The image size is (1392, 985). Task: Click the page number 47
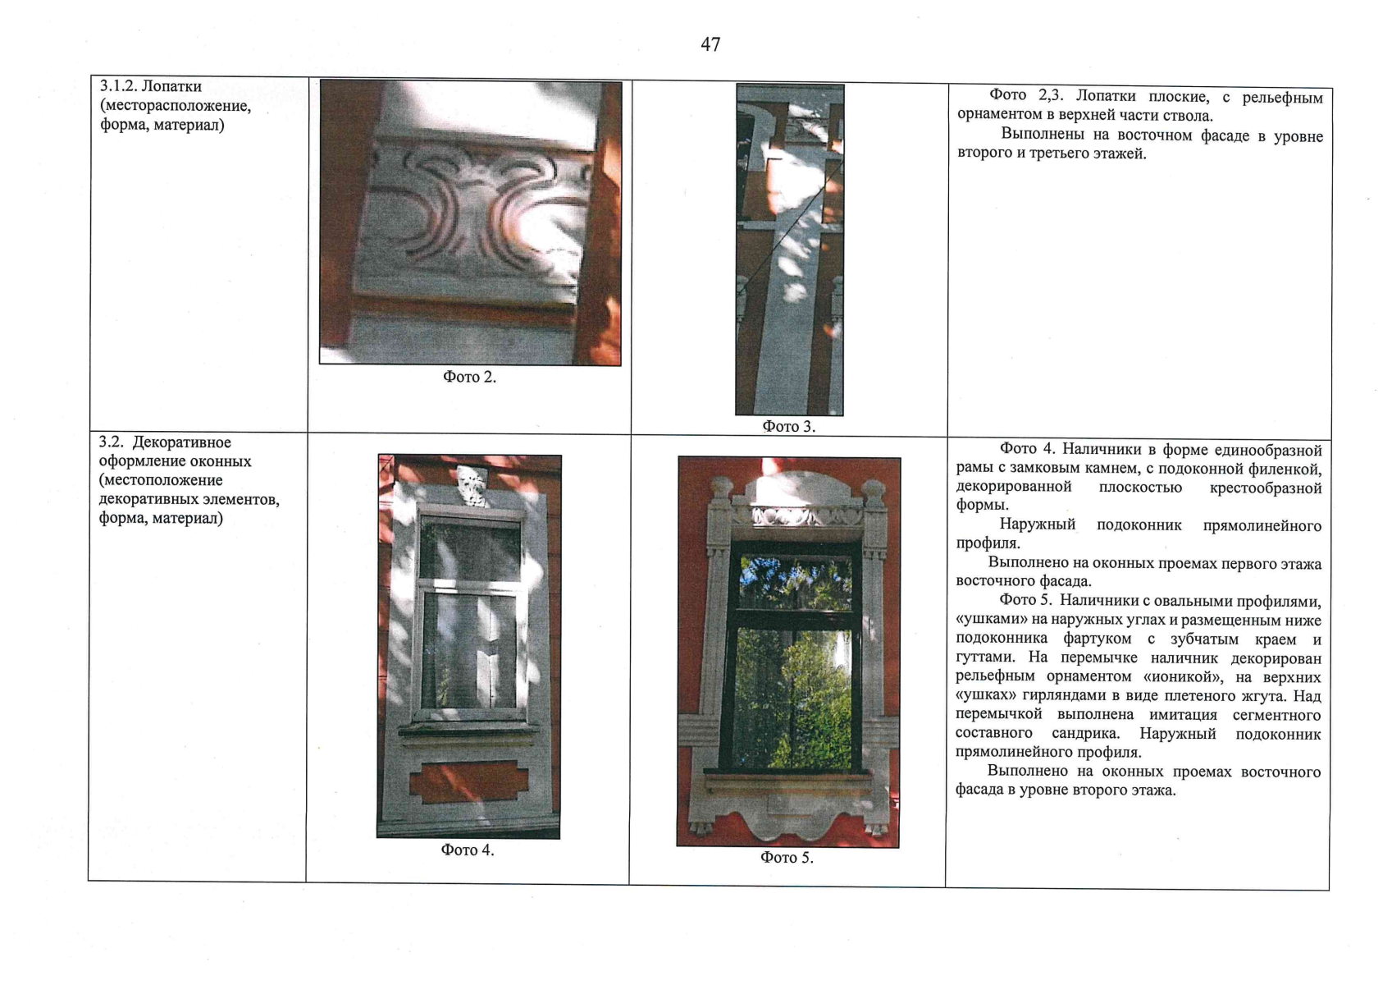tap(710, 44)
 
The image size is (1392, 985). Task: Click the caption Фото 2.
tap(469, 377)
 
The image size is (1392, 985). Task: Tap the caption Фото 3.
tap(788, 427)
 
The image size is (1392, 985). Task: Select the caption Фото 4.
tap(468, 850)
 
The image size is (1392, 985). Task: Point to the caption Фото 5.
tap(787, 858)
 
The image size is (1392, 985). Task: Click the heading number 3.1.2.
tap(118, 86)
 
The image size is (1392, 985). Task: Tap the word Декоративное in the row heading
tap(181, 442)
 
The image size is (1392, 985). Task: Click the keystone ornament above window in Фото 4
tap(472, 485)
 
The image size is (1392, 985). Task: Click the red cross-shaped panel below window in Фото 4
tap(468, 782)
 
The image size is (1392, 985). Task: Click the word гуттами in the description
tap(984, 658)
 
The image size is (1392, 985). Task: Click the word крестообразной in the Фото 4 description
tap(1265, 488)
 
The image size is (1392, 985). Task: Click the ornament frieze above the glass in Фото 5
tap(806, 515)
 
